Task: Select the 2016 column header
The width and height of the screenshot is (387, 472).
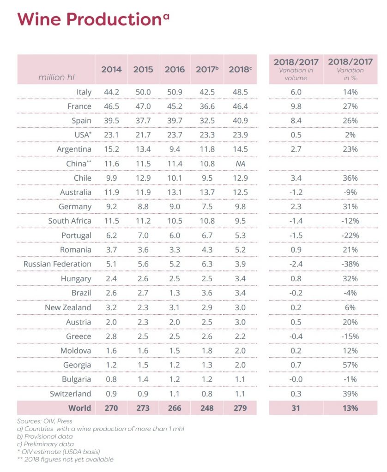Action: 175,70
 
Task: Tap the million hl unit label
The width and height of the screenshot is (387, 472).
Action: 56,77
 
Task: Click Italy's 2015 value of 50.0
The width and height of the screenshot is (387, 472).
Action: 143,92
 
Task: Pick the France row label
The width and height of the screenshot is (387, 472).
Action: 79,106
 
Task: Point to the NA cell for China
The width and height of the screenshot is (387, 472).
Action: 240,164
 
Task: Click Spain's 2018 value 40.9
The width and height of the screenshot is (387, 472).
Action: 240,121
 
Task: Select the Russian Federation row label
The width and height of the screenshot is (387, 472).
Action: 57,264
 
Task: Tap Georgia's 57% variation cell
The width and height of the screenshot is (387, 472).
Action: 350,365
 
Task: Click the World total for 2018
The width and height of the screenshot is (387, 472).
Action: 240,408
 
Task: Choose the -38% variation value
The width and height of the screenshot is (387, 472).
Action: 350,264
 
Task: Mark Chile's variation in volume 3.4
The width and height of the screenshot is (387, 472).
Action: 296,178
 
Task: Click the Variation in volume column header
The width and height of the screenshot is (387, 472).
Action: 296,70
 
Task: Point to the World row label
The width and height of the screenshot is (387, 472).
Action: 79,408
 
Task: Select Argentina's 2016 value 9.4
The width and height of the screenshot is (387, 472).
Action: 175,149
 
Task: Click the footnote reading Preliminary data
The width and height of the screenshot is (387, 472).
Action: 45,444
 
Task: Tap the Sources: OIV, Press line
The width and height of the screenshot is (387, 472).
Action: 45,421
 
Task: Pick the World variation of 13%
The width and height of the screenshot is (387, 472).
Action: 350,408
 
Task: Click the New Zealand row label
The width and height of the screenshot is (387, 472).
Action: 68,307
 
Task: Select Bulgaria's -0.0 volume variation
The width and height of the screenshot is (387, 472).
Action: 296,379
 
